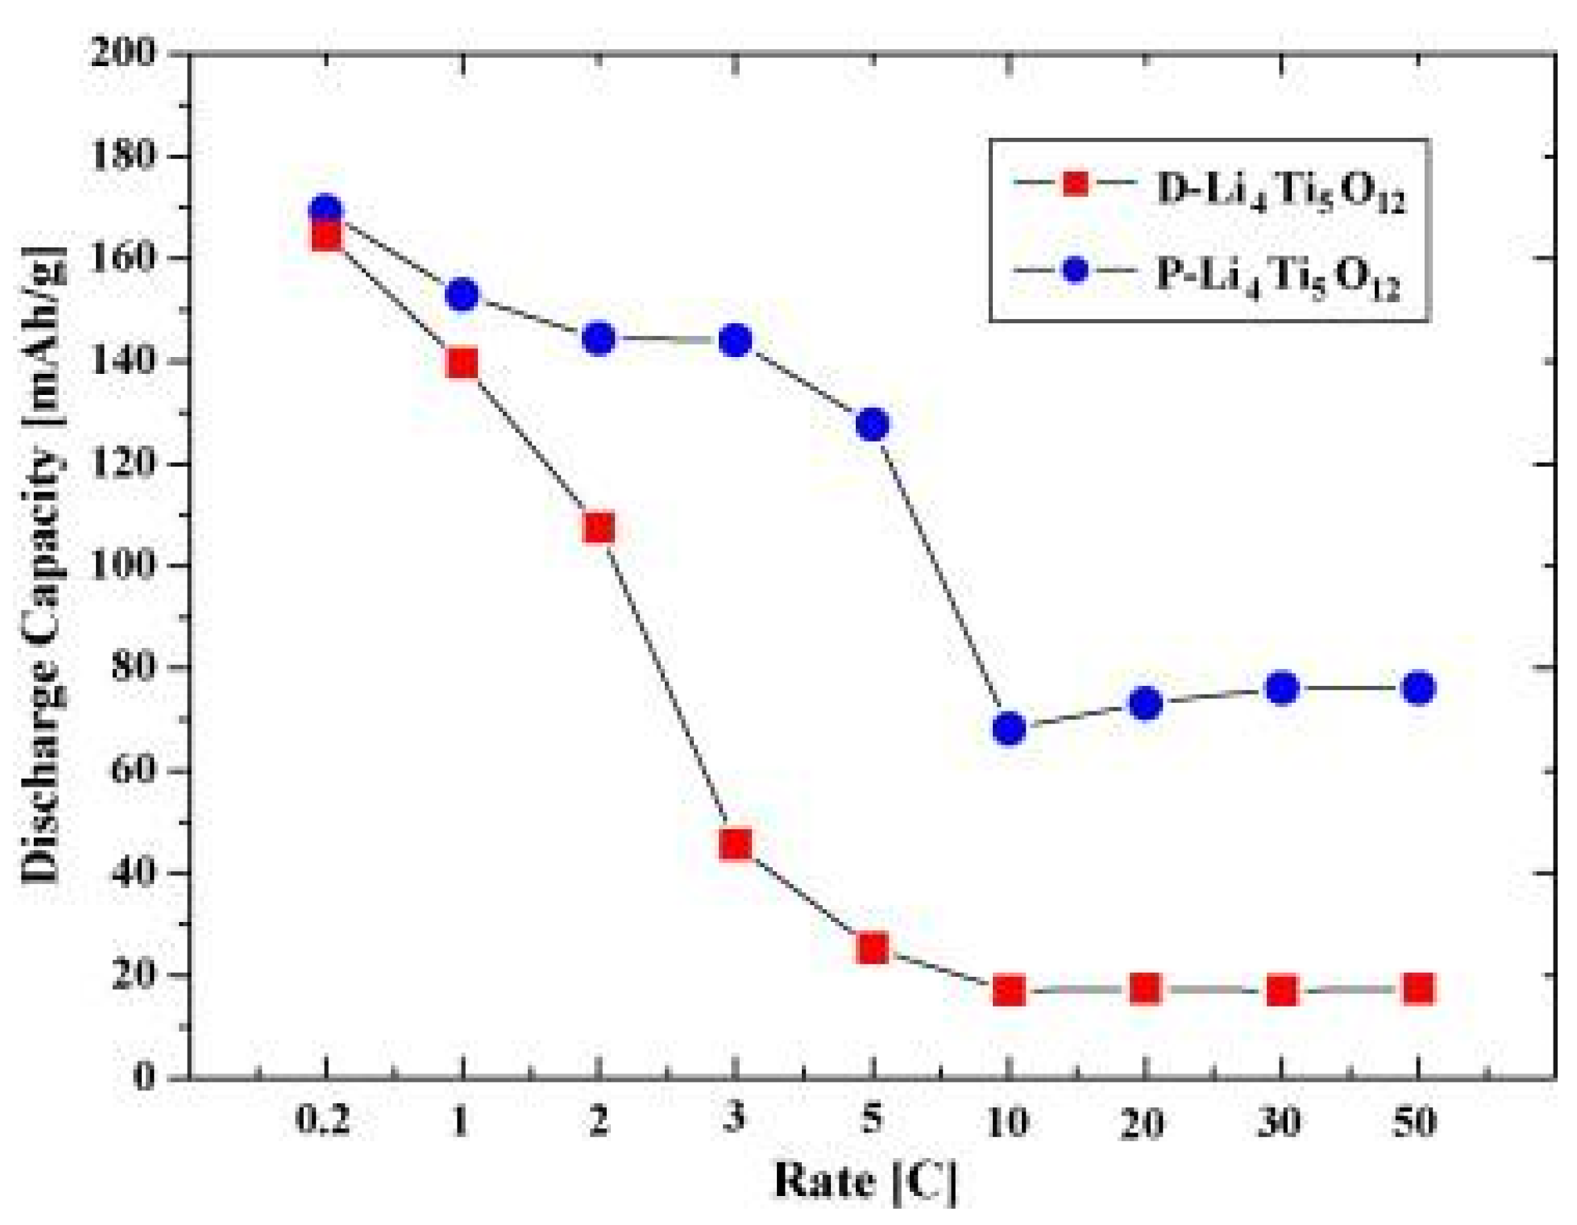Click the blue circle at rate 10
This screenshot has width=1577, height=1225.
point(1008,729)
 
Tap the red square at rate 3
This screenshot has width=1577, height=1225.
point(736,844)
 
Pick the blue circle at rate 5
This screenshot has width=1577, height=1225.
point(873,424)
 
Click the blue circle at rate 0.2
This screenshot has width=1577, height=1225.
point(326,211)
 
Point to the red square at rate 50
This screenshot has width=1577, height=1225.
point(1418,988)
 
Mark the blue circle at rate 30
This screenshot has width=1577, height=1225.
point(1282,688)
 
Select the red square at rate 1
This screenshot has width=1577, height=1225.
point(462,363)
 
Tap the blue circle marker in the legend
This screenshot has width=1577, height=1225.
point(1075,270)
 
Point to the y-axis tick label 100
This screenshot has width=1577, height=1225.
point(123,565)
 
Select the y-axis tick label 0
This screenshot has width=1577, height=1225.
point(144,1077)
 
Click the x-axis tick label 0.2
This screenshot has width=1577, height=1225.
point(324,1120)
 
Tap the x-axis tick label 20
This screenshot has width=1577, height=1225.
point(1143,1122)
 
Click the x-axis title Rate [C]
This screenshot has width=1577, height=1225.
point(865,1181)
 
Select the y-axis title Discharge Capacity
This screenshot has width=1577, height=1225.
point(42,564)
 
